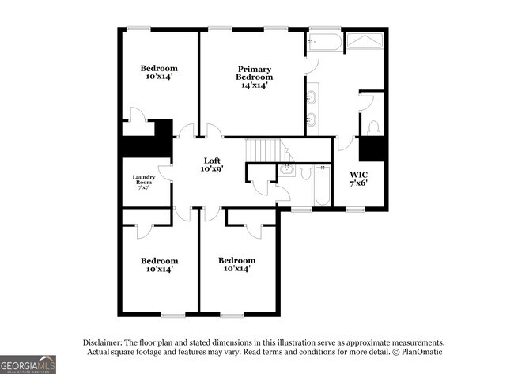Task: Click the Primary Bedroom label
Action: [254, 77]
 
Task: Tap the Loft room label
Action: [211, 164]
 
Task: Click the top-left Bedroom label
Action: [159, 73]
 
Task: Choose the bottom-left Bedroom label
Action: [159, 265]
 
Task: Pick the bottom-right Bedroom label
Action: [236, 265]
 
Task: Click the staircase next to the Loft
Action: [265, 150]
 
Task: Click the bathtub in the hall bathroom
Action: [321, 185]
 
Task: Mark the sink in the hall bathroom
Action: [288, 168]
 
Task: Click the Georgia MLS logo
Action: [28, 364]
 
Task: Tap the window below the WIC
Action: [354, 210]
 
